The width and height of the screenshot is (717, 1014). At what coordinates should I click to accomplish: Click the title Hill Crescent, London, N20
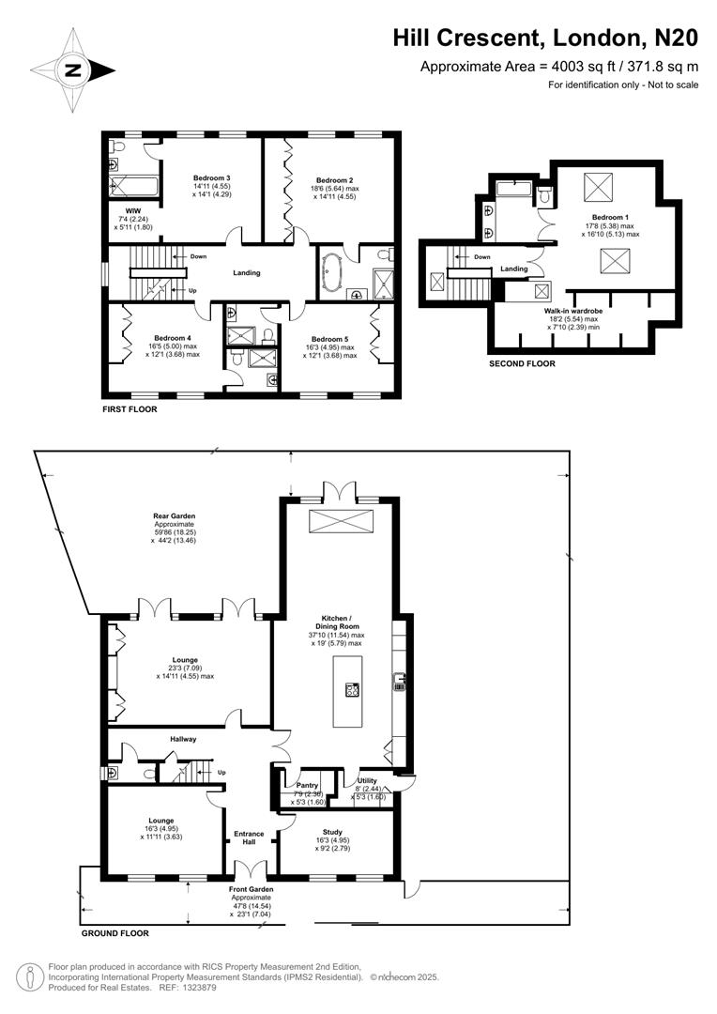tap(545, 38)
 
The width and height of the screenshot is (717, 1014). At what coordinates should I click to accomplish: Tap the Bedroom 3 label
tap(212, 177)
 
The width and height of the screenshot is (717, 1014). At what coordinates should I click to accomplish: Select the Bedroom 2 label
tap(334, 180)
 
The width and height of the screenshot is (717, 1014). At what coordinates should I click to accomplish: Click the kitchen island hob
tap(353, 690)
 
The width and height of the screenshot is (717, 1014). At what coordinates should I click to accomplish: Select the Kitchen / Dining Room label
tap(336, 625)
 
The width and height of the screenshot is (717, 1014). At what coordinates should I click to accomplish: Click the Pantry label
tap(309, 785)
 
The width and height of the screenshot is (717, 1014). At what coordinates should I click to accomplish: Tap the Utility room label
tap(367, 780)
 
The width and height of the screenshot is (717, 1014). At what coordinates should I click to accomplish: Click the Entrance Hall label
tap(249, 837)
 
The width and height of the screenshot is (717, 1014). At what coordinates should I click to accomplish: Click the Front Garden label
tap(252, 888)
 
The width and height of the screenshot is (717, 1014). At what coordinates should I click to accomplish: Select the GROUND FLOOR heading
tap(114, 933)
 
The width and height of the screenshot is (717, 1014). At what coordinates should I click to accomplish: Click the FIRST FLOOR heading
tap(130, 409)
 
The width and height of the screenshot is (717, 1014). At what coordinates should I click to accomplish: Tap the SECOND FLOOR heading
tap(522, 363)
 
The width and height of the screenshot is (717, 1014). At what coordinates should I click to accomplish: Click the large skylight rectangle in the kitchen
tap(339, 522)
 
